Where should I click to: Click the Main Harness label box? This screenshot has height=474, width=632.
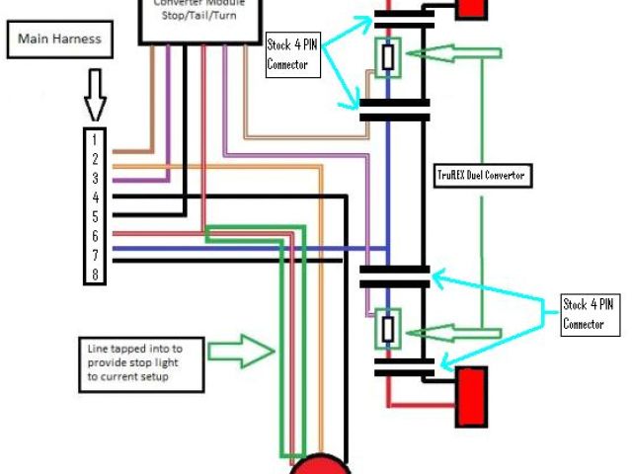(57, 41)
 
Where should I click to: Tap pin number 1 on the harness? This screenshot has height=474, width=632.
(96, 140)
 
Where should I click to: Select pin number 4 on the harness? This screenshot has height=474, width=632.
(96, 197)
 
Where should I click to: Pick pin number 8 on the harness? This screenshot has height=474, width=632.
(96, 275)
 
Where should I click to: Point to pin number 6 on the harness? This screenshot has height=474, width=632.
(96, 236)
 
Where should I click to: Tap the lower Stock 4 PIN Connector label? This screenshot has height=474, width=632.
(590, 313)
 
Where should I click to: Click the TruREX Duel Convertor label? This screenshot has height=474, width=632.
(484, 176)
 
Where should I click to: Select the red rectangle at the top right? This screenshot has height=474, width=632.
(471, 8)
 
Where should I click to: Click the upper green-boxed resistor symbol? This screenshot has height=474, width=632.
(388, 57)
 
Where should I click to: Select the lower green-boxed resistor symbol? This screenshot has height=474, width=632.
(388, 327)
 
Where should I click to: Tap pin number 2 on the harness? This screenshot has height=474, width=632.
(96, 159)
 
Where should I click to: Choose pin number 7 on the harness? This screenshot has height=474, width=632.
(96, 255)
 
